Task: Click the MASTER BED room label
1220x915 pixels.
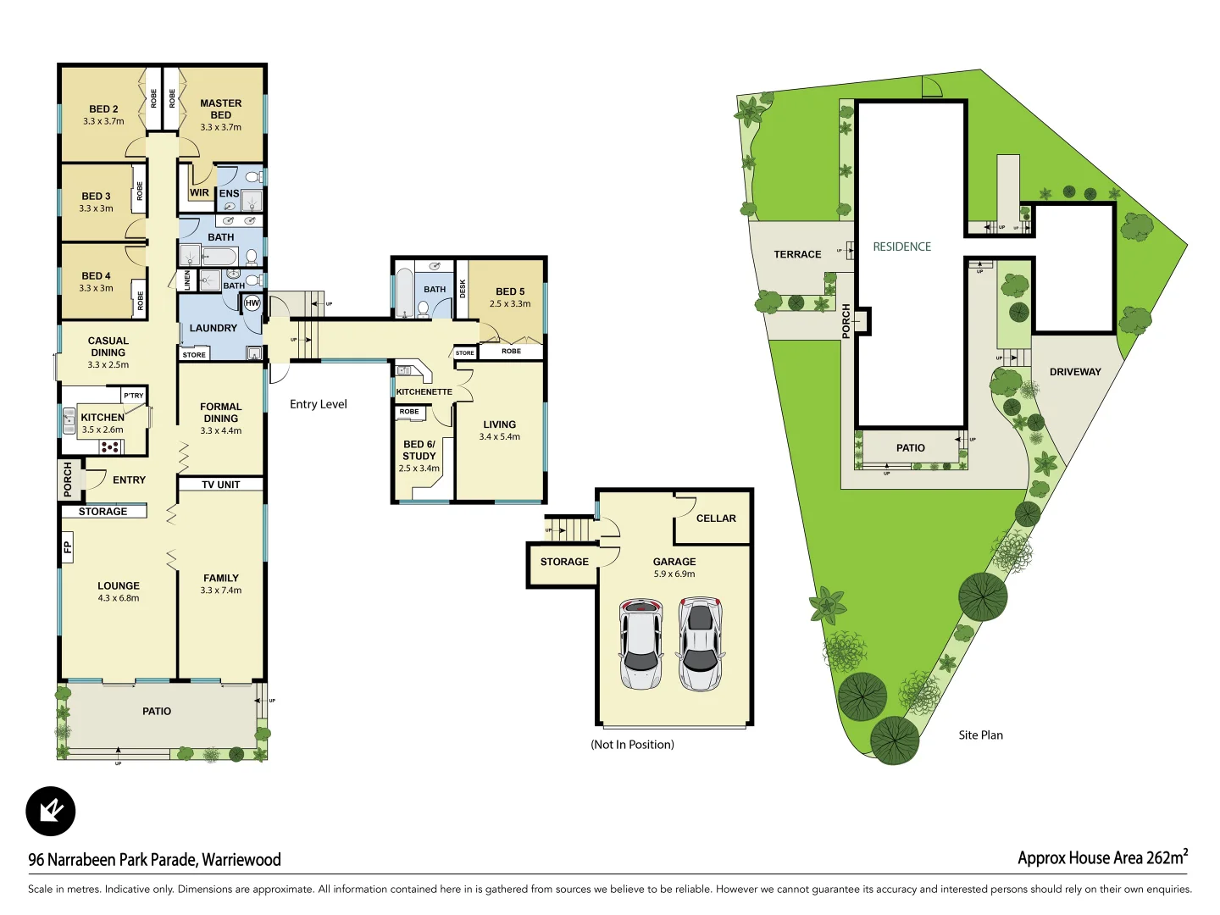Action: point(220,109)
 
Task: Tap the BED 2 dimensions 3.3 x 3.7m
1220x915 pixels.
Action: point(103,121)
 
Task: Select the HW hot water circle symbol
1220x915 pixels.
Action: point(252,302)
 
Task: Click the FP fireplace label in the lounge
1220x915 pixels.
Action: point(68,546)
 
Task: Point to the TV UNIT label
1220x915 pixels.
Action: point(220,485)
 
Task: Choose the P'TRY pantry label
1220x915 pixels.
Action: point(134,396)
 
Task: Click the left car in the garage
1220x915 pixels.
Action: point(641,644)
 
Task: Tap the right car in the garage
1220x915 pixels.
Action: point(700,644)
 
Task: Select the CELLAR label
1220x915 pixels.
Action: point(716,518)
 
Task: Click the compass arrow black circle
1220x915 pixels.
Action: point(51,811)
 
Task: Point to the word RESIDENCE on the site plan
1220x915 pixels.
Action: point(901,247)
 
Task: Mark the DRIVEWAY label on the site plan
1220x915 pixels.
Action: point(1075,372)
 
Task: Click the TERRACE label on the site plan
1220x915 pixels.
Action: point(797,254)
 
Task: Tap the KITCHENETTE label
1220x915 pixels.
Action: point(424,391)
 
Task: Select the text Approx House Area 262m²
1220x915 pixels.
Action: point(1101,857)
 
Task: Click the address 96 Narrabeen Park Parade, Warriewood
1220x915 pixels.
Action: point(154,860)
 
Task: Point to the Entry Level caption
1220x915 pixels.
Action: point(318,404)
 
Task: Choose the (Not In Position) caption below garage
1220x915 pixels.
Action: point(632,745)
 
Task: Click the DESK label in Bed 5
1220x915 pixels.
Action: point(463,288)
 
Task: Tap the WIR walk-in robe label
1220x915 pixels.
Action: point(199,192)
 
